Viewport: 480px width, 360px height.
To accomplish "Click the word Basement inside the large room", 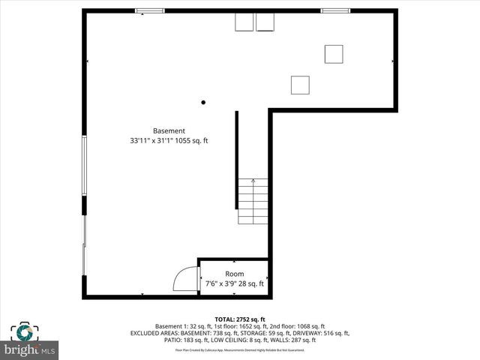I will [169, 130].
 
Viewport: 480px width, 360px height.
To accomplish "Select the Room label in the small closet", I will [234, 274].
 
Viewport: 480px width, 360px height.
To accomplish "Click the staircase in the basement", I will [253, 201].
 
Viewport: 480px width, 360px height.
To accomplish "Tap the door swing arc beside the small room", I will [184, 279].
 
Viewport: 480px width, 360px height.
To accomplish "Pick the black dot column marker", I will [202, 103].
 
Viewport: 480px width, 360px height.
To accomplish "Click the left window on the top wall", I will [150, 10].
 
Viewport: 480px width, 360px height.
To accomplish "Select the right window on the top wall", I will [335, 10].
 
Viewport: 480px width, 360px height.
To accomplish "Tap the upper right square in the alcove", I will [334, 54].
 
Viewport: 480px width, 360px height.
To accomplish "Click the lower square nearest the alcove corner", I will [300, 85].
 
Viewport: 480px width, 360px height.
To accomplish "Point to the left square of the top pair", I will [244, 22].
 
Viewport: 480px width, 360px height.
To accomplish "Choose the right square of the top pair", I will [265, 22].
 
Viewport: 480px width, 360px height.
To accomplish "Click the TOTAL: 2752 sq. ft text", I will [240, 319].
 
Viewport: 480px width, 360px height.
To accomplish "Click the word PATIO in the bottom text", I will [173, 340].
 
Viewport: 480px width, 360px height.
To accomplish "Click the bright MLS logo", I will [30, 349].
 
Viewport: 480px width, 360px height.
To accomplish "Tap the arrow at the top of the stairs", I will [253, 181].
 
